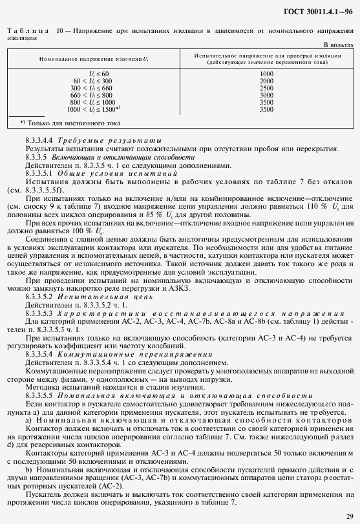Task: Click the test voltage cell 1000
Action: click(266, 73)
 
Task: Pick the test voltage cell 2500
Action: click(266, 87)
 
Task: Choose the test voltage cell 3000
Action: click(266, 94)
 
